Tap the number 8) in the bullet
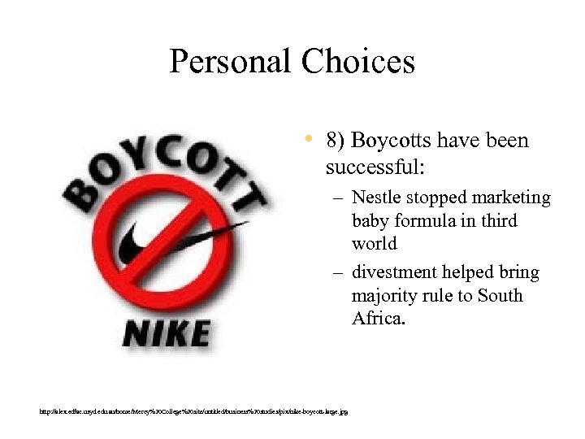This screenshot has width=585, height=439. (x=336, y=141)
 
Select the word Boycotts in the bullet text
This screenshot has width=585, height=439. (x=392, y=141)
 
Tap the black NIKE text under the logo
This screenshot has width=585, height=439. (x=167, y=334)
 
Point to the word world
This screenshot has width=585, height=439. (x=375, y=244)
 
